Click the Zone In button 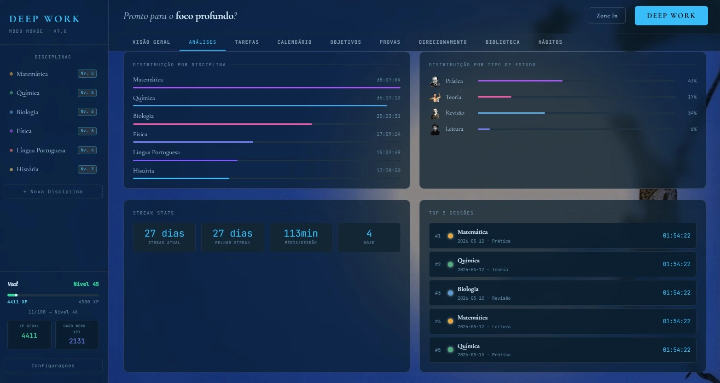607,16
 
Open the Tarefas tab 247,42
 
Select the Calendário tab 295,42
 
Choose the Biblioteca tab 502,42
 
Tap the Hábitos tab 550,42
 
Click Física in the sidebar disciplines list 24,131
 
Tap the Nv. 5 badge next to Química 87,93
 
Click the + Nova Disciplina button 53,191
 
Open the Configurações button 53,366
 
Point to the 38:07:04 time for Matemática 388,80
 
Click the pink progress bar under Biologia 222,124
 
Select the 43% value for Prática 692,81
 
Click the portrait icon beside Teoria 435,97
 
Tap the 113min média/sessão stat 301,238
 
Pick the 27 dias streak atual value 164,233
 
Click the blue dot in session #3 450,293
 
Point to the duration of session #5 676,350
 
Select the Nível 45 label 86,284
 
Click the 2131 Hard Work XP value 77,341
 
